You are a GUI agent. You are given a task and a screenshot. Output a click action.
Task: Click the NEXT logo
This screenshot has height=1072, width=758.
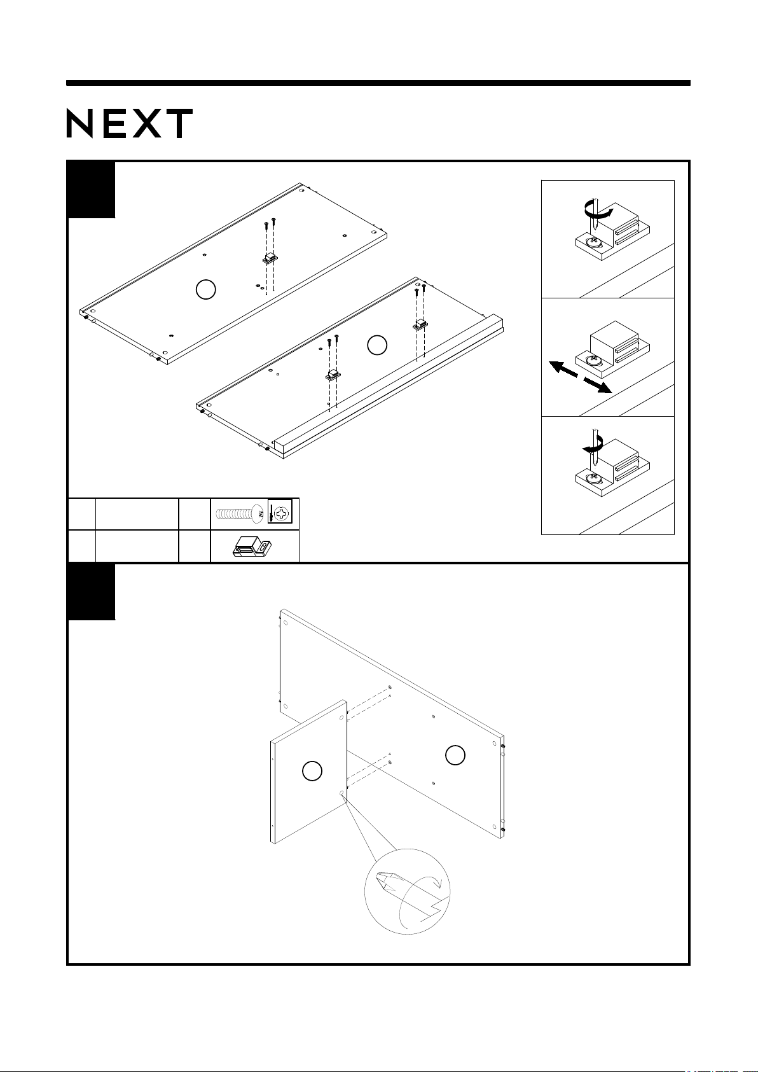click(x=130, y=123)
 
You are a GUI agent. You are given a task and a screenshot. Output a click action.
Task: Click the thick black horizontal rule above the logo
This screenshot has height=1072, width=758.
click(x=378, y=83)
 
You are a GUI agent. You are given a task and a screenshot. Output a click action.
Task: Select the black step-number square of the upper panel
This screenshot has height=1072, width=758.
click(x=92, y=190)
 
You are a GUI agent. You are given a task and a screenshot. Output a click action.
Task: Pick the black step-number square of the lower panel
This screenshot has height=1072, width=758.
click(x=92, y=592)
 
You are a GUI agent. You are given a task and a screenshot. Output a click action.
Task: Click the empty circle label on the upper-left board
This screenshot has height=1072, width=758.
click(x=206, y=289)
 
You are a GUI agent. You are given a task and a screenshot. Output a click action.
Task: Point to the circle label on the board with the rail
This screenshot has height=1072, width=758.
click(x=377, y=345)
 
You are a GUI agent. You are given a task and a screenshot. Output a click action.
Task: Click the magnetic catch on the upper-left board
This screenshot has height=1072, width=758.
click(x=270, y=259)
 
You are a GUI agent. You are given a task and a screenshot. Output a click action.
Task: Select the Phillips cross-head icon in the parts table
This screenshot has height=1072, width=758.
click(x=280, y=512)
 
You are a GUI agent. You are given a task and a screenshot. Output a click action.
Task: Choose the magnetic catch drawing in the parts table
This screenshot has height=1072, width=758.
click(x=252, y=546)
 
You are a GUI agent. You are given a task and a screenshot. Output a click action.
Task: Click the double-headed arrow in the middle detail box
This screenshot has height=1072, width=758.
click(x=580, y=377)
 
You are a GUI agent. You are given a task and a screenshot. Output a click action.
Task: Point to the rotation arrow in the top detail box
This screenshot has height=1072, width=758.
click(x=598, y=210)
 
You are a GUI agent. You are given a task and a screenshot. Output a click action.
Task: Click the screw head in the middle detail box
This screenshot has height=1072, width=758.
click(x=595, y=360)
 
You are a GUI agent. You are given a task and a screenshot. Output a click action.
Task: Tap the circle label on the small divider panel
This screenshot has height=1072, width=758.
click(x=312, y=771)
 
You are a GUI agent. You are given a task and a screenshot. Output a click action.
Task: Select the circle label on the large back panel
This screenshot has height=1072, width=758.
click(x=455, y=755)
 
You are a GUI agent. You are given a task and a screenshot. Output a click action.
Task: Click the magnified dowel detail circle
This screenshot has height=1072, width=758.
click(x=408, y=892)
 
